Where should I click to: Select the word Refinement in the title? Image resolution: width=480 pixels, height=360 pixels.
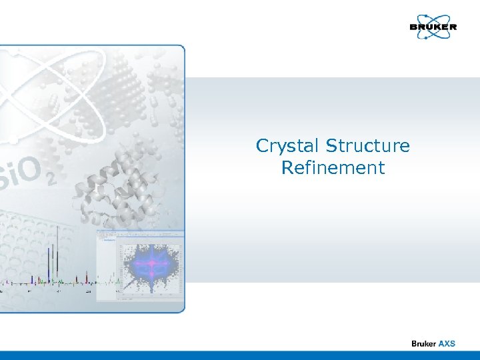(x=333, y=167)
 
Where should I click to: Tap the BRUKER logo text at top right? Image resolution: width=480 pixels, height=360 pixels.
(x=433, y=27)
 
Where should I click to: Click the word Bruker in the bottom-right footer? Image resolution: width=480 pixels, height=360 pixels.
(x=424, y=343)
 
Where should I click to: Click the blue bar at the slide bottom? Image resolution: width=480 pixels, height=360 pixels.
(x=240, y=355)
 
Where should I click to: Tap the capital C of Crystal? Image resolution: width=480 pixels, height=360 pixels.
(x=262, y=146)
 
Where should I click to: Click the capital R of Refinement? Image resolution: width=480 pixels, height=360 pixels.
(x=287, y=167)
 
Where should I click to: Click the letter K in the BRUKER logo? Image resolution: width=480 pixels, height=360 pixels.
(x=439, y=27)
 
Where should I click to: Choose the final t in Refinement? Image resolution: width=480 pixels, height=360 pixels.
(x=382, y=167)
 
